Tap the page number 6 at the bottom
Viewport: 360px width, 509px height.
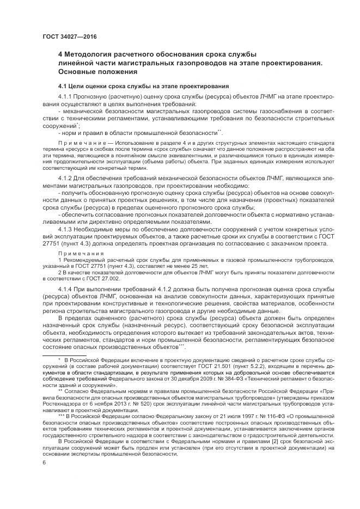44,477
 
